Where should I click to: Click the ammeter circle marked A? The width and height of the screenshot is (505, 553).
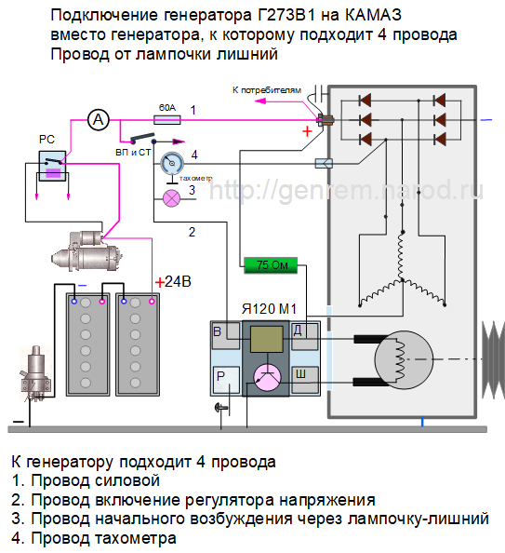pos(99,118)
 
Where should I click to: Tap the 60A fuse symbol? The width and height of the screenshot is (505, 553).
pos(166,119)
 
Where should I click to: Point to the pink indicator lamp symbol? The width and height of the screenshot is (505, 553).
pos(171,197)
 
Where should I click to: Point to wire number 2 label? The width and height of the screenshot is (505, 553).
pos(192,231)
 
